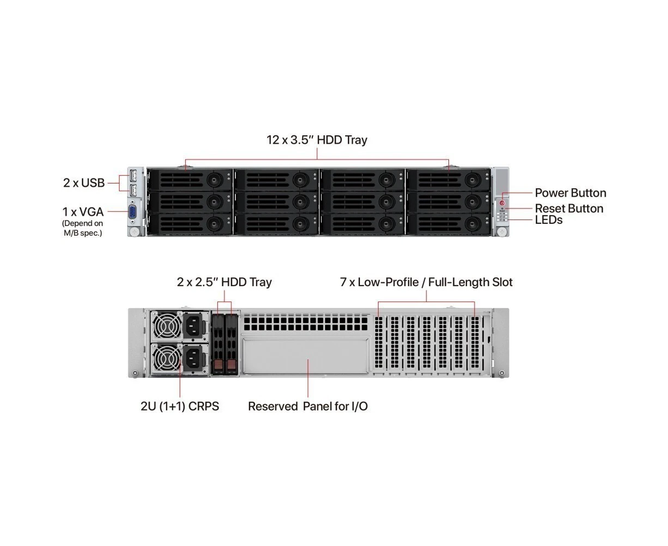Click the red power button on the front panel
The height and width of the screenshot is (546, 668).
[x=502, y=203]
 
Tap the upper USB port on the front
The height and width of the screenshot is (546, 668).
[x=133, y=176]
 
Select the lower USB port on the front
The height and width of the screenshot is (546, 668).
[x=133, y=191]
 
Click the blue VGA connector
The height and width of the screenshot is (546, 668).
[x=132, y=212]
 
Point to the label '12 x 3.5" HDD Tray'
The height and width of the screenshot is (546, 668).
[x=317, y=140]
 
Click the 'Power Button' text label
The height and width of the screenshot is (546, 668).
[x=570, y=193]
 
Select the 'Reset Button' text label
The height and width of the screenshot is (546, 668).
[x=569, y=209]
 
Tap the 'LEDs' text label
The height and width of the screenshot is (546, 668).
[x=548, y=220]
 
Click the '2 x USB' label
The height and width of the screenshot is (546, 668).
[x=84, y=183]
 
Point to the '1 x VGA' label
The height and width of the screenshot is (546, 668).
[x=82, y=212]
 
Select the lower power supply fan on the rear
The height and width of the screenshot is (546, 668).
[x=166, y=359]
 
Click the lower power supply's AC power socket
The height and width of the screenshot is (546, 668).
[x=194, y=359]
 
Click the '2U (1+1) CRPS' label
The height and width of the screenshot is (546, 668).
[x=180, y=406]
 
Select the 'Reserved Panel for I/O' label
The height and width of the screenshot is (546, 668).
[x=308, y=406]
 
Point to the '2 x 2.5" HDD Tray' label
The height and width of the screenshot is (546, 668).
[x=224, y=282]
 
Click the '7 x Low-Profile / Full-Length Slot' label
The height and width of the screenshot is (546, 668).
[x=426, y=282]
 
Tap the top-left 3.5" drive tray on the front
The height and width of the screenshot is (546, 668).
[x=190, y=180]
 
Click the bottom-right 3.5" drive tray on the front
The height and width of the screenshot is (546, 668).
[x=448, y=223]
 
